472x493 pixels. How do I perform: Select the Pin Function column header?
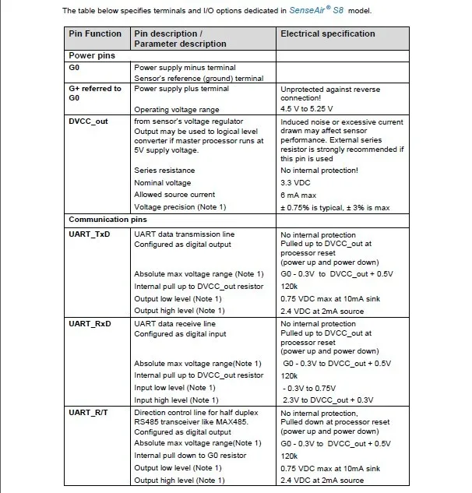(x=95, y=34)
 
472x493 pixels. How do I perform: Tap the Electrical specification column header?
(x=327, y=34)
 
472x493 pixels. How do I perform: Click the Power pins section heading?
(x=93, y=56)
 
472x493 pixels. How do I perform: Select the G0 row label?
(x=75, y=69)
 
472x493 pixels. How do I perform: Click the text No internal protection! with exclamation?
(x=319, y=170)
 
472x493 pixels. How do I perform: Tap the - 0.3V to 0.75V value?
(x=311, y=387)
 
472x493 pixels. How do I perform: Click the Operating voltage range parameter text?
(x=177, y=110)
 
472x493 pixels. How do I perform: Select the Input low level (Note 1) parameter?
(x=174, y=387)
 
